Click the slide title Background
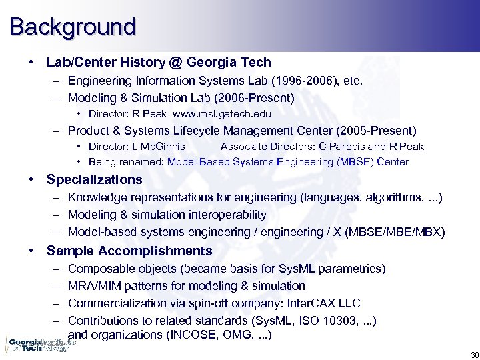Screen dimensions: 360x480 72,27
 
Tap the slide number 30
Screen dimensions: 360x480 474,354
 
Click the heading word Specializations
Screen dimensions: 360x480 94,179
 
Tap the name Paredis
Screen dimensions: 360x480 343,146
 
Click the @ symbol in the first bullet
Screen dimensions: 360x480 176,63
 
